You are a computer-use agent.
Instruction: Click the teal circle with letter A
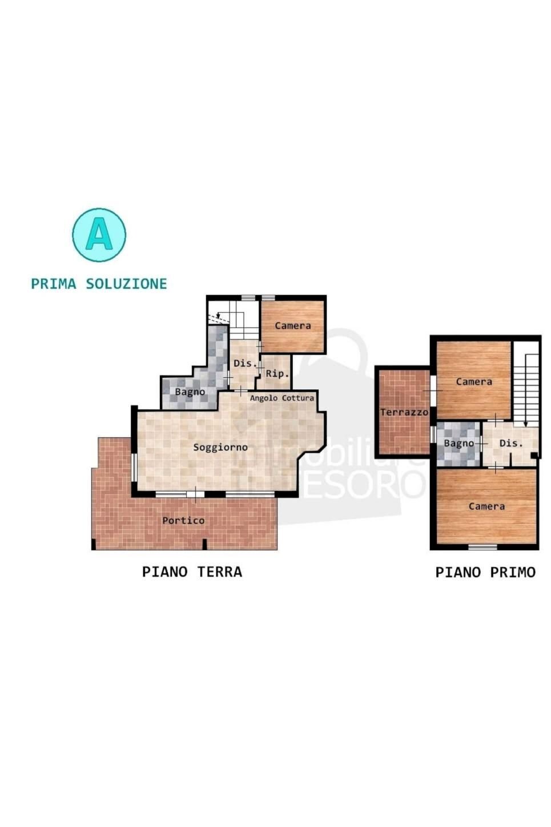[x=99, y=235]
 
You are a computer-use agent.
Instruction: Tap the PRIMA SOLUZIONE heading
[x=99, y=283]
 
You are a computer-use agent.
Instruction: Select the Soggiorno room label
[x=220, y=447]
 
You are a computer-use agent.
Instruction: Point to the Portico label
[x=183, y=520]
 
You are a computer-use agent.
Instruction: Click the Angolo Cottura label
[x=282, y=398]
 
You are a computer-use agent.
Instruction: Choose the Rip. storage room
[x=277, y=373]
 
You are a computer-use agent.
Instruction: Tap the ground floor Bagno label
[x=190, y=392]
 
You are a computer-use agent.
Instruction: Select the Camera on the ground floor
[x=293, y=326]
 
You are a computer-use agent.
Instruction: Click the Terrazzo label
[x=404, y=412]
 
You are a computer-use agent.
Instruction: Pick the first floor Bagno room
[x=459, y=444]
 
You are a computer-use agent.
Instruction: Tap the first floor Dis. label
[x=510, y=444]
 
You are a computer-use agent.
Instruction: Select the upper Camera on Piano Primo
[x=474, y=381]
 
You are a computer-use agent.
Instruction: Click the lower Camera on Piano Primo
[x=486, y=506]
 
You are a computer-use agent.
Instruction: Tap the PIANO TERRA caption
[x=192, y=572]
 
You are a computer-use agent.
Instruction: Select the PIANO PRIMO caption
[x=485, y=572]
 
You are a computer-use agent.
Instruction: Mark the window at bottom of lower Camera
[x=482, y=547]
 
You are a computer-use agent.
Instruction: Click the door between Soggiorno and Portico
[x=195, y=494]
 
